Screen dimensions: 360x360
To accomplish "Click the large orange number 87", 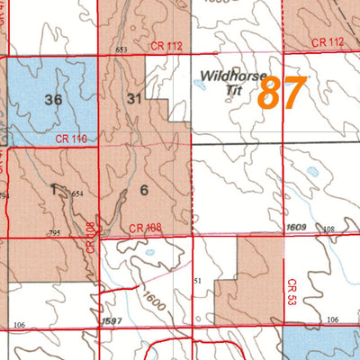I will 282,93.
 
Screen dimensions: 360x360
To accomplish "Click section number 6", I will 143,190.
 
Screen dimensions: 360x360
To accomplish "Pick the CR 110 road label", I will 73,139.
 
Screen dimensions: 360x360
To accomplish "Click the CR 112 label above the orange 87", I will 328,42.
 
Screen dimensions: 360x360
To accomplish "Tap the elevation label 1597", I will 112,320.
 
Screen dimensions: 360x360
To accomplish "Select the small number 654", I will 77,193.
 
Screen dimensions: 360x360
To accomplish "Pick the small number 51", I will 197,282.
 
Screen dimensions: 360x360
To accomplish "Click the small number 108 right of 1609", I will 328,229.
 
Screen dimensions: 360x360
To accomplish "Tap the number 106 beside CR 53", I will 332,320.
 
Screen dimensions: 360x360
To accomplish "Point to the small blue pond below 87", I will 311,170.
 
